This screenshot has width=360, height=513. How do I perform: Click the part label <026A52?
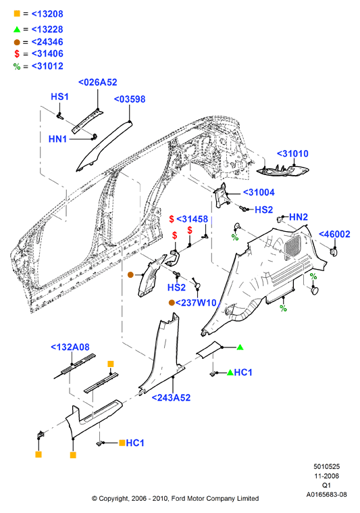click(97, 82)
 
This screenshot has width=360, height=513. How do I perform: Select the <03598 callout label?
click(130, 99)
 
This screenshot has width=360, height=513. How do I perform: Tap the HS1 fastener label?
click(59, 97)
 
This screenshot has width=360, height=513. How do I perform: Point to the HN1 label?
click(57, 139)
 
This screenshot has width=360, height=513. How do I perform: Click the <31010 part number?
click(292, 153)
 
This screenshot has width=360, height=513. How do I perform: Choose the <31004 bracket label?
click(259, 193)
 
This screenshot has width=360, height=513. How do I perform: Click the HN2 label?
click(299, 217)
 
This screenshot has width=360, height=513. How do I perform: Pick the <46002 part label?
click(334, 234)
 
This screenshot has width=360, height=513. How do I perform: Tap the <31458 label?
click(192, 219)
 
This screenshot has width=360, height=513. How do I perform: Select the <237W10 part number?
click(196, 303)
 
